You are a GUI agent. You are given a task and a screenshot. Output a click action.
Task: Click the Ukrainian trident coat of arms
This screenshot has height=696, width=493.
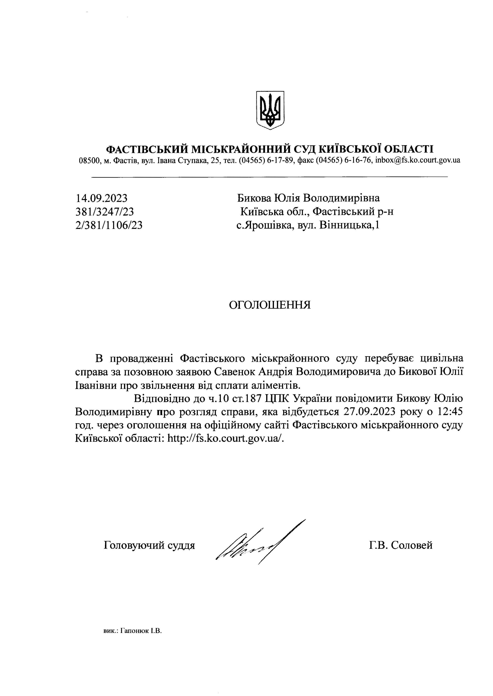point(270,110)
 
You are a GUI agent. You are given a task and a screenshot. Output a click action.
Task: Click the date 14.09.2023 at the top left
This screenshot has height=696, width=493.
point(101,198)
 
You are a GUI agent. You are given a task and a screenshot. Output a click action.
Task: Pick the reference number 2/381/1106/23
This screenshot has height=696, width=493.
point(109,225)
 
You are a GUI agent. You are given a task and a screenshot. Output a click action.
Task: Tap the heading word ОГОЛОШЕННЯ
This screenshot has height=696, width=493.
point(270,305)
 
